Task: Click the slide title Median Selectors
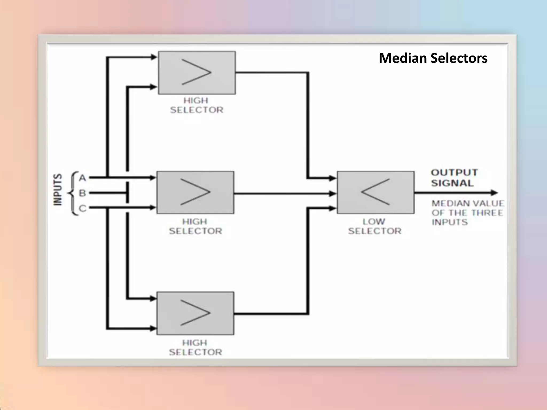(x=433, y=58)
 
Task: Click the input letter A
(x=83, y=178)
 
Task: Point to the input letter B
(x=83, y=193)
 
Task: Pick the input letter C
(x=83, y=208)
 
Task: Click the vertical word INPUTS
(x=58, y=190)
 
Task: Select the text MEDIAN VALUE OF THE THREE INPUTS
(x=467, y=213)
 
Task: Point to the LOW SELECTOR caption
(x=374, y=226)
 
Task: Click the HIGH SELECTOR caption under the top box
(x=197, y=105)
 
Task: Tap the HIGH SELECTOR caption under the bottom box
(x=195, y=347)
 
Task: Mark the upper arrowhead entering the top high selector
(x=154, y=57)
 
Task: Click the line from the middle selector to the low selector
(x=283, y=194)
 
